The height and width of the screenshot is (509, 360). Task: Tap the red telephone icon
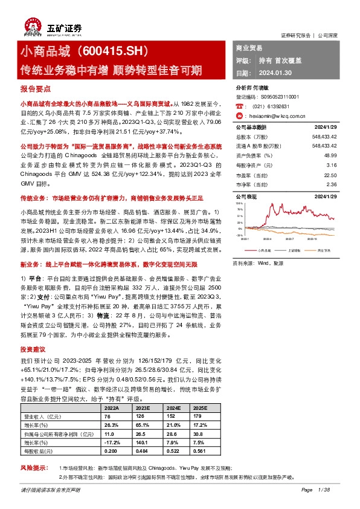coord(240,106)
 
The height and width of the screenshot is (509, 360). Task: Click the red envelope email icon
coord(240,115)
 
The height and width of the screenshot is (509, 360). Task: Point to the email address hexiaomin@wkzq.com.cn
coord(278,115)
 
